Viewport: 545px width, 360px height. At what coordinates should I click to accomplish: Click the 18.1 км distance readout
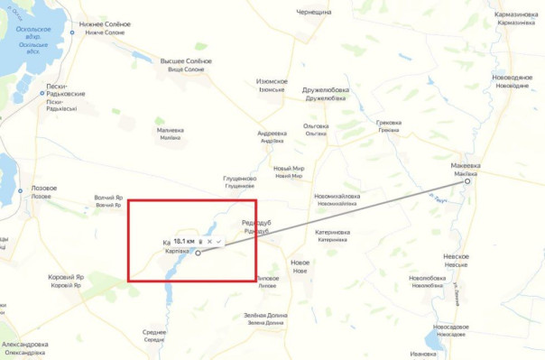click(x=184, y=242)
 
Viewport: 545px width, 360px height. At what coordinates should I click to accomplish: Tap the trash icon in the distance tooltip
click(x=200, y=242)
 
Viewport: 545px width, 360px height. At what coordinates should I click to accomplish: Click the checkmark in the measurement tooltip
click(x=217, y=242)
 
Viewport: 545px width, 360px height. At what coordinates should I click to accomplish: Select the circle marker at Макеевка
click(x=467, y=181)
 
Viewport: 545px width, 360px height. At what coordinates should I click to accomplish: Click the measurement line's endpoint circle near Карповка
click(x=198, y=254)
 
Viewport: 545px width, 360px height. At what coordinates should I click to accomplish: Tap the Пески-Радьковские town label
click(x=66, y=94)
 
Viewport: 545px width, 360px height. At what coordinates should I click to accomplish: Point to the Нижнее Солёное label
click(x=105, y=24)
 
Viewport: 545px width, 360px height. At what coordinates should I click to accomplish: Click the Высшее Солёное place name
click(x=186, y=61)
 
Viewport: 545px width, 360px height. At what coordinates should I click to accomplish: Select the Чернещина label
click(x=314, y=12)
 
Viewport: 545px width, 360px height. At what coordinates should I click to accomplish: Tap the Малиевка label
click(x=170, y=130)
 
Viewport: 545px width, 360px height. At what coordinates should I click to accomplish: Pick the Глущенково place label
click(x=239, y=179)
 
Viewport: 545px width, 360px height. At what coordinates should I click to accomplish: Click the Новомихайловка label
click(x=337, y=196)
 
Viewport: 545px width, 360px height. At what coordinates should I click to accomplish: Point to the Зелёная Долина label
click(x=265, y=315)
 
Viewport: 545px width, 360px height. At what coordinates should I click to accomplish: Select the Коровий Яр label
click(x=67, y=277)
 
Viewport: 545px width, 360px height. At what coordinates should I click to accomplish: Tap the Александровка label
click(x=25, y=345)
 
